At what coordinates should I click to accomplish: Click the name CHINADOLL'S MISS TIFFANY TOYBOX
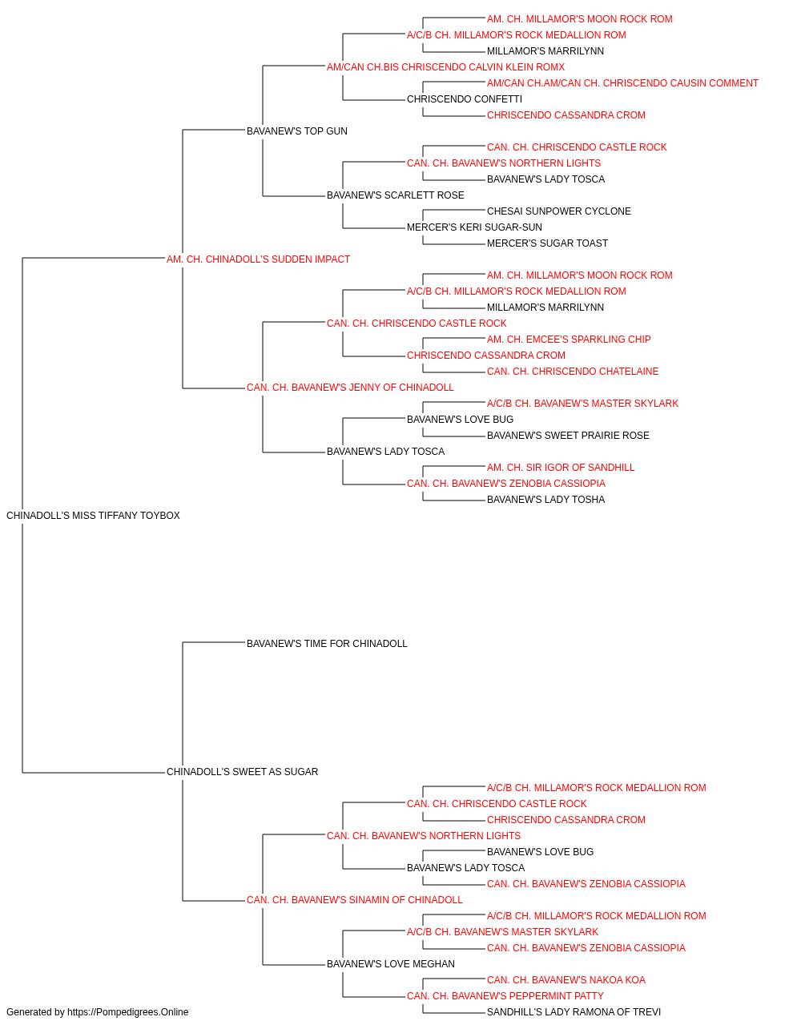click(x=93, y=515)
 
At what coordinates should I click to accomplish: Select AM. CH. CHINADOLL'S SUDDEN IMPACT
click(x=258, y=259)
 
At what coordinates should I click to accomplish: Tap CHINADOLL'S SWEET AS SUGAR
click(x=242, y=771)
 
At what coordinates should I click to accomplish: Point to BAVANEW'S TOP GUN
click(x=296, y=131)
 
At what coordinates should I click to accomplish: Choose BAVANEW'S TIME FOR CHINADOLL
click(x=327, y=643)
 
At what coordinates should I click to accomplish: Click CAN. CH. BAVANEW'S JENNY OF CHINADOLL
click(x=350, y=388)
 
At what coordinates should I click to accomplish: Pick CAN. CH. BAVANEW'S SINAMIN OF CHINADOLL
click(x=354, y=899)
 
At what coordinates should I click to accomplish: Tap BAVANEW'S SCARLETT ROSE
click(x=396, y=195)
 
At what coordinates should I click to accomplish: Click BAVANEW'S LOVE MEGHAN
click(x=391, y=963)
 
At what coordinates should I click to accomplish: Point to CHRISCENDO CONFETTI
click(x=465, y=99)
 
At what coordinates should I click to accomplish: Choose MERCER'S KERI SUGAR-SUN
click(x=474, y=227)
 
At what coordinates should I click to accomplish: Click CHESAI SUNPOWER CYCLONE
click(x=558, y=211)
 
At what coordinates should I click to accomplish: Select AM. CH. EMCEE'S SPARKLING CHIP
click(x=569, y=340)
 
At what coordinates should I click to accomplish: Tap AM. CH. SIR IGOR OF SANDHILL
click(x=561, y=467)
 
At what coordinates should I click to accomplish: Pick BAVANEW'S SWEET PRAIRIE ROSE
click(x=568, y=436)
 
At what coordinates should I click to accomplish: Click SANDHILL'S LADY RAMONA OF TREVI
click(x=574, y=1012)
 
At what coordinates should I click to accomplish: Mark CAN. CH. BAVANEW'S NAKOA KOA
click(x=566, y=979)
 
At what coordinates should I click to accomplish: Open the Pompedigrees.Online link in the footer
click(x=127, y=1012)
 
